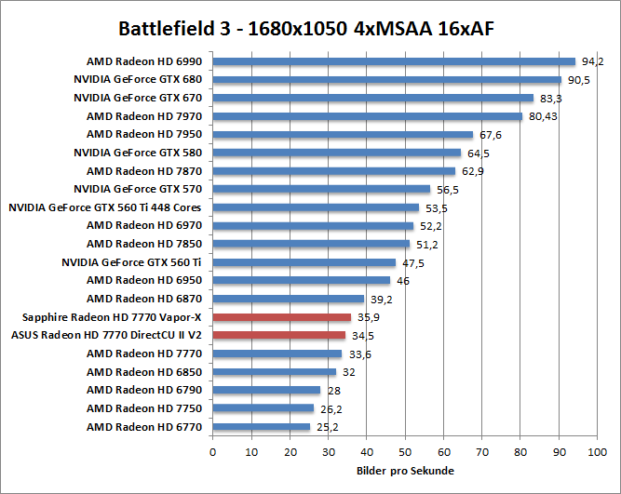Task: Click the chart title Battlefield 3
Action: point(306,28)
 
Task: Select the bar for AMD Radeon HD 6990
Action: point(394,61)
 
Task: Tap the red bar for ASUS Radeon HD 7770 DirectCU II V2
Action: point(279,335)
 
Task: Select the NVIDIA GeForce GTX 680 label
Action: point(143,80)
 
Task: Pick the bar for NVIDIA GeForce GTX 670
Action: point(372,98)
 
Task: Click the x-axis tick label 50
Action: point(404,452)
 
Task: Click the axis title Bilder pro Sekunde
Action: point(404,471)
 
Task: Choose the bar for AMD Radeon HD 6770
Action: point(261,427)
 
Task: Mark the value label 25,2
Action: point(325,427)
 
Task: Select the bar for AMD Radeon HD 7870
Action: point(333,171)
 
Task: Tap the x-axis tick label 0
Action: point(213,452)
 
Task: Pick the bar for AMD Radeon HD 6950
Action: point(301,280)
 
